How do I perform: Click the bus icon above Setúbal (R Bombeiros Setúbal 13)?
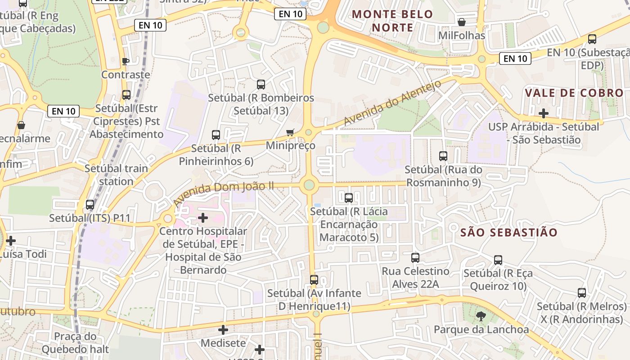point(261,85)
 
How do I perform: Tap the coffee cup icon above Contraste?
point(126,61)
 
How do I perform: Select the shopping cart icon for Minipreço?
point(290,132)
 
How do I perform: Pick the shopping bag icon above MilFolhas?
point(462,22)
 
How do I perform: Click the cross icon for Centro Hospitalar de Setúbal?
point(203,218)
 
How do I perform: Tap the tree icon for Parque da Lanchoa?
point(481,316)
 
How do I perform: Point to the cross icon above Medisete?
point(223,330)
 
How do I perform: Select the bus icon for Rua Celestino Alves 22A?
point(415,258)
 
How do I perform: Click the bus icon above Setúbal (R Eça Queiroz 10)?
point(498,260)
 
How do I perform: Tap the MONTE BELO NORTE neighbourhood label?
point(392,21)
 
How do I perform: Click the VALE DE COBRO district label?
point(574,93)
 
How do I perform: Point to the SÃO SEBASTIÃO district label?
point(509,233)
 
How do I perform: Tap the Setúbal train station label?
point(116,175)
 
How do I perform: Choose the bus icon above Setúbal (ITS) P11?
point(90,205)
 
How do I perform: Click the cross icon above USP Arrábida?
point(544,113)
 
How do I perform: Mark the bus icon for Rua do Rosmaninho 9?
point(443,156)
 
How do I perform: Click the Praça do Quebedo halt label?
point(75,342)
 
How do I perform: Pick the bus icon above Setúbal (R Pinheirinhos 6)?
point(216,135)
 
